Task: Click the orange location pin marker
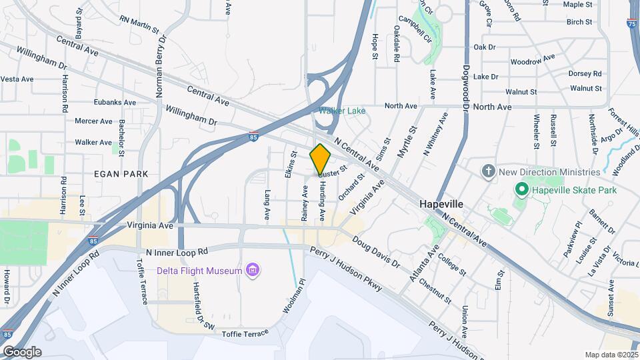321,159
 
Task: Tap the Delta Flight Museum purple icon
253,270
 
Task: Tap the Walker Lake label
341,111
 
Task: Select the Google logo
22,351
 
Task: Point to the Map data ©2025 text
611,355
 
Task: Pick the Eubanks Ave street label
115,103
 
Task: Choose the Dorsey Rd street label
585,73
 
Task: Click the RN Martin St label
139,25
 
